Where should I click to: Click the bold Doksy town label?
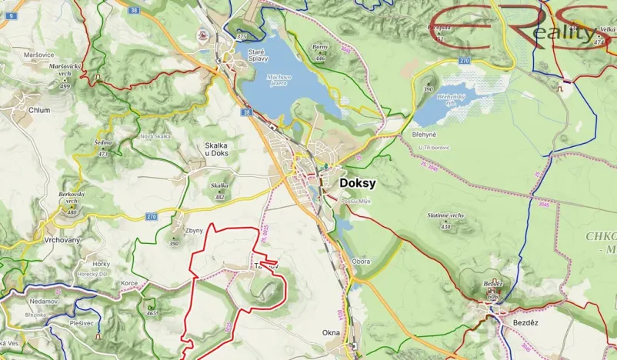click(x=358, y=185)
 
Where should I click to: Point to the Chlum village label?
click(x=38, y=110)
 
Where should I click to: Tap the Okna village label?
click(x=331, y=333)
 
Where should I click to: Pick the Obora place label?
click(x=361, y=262)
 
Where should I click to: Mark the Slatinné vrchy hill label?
click(x=445, y=215)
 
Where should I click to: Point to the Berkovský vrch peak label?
click(x=72, y=198)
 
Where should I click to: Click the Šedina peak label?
click(x=103, y=143)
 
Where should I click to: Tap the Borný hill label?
click(x=320, y=48)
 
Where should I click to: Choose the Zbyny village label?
click(x=194, y=230)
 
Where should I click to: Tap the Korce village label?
click(x=129, y=283)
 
